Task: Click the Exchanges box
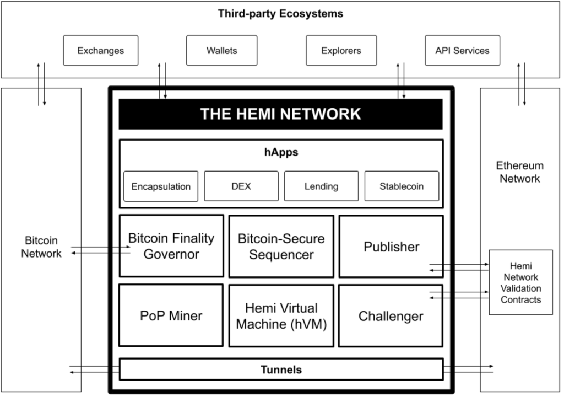pyautogui.click(x=100, y=51)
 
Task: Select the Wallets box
pyautogui.click(x=222, y=51)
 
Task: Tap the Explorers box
pyautogui.click(x=341, y=51)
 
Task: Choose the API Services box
pyautogui.click(x=462, y=51)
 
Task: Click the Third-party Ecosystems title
pyautogui.click(x=280, y=14)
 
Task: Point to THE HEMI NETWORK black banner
pyautogui.click(x=280, y=114)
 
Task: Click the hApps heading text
pyautogui.click(x=280, y=152)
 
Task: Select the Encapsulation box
pyautogui.click(x=161, y=186)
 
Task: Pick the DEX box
pyautogui.click(x=241, y=186)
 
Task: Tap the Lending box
pyautogui.click(x=321, y=186)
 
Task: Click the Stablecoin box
pyautogui.click(x=402, y=186)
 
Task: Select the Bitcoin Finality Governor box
pyautogui.click(x=171, y=246)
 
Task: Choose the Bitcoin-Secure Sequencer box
pyautogui.click(x=281, y=246)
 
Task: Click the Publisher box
pyautogui.click(x=391, y=246)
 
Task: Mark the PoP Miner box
pyautogui.click(x=171, y=315)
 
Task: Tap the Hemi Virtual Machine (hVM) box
pyautogui.click(x=281, y=315)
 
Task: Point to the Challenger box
pyautogui.click(x=391, y=315)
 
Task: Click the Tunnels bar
pyautogui.click(x=281, y=369)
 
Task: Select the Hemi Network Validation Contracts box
pyautogui.click(x=520, y=282)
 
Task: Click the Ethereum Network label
pyautogui.click(x=519, y=172)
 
